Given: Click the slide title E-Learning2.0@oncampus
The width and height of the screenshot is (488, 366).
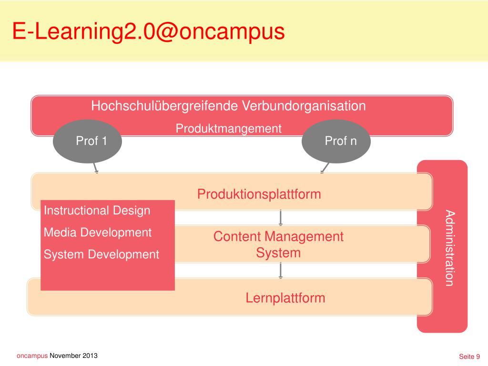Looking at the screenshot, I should tap(148, 32).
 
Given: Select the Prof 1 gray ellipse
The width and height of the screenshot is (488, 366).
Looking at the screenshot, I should tap(87, 141).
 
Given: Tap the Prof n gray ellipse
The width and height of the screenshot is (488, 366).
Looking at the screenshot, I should tap(336, 141).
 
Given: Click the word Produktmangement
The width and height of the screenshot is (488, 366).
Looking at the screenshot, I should tap(229, 129).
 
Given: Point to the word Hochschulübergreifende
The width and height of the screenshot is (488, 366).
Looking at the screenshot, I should tap(164, 106).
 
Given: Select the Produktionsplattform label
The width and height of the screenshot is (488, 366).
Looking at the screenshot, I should tap(259, 194).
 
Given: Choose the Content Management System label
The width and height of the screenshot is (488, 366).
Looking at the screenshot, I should tap(278, 244).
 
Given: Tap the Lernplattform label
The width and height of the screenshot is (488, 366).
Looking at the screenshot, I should tap(285, 298).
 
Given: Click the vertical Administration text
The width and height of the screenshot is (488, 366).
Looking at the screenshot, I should tap(449, 247).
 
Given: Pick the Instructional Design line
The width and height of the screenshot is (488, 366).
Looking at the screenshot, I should tap(97, 211).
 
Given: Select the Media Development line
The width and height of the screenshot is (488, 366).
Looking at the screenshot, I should tap(98, 233).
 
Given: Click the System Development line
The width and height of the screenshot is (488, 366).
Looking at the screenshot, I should tap(102, 254).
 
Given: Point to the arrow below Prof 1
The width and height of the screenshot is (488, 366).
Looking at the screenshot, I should tap(95, 168).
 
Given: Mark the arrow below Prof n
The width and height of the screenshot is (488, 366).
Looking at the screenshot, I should tap(325, 167).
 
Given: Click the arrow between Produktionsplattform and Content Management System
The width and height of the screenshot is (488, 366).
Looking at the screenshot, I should tap(281, 217).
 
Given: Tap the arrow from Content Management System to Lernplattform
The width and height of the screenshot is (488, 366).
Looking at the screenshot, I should tap(281, 270).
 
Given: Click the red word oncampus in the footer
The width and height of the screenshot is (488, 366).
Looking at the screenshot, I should tap(32, 356).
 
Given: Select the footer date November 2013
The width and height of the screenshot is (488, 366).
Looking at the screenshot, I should tap(73, 356).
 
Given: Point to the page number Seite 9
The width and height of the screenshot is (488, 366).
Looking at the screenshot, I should tap(469, 356).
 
